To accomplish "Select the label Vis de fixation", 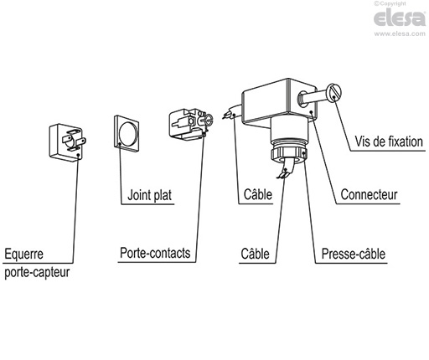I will point(387,142).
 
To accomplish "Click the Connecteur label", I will point(369,198).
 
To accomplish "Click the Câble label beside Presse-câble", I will point(255,252).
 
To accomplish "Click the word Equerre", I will point(24,252).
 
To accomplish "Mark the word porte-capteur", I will point(38,270).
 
